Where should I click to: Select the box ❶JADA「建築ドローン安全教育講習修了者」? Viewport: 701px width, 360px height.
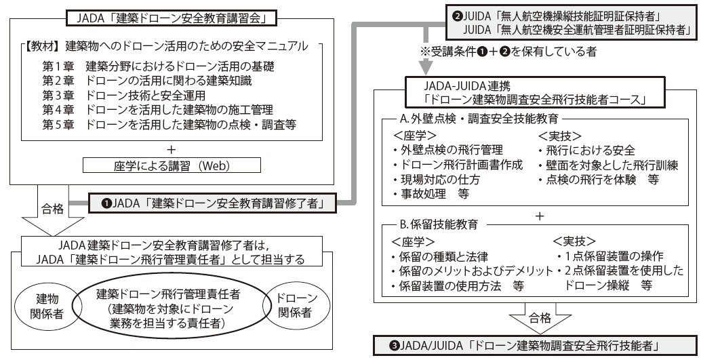click(x=209, y=201)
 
